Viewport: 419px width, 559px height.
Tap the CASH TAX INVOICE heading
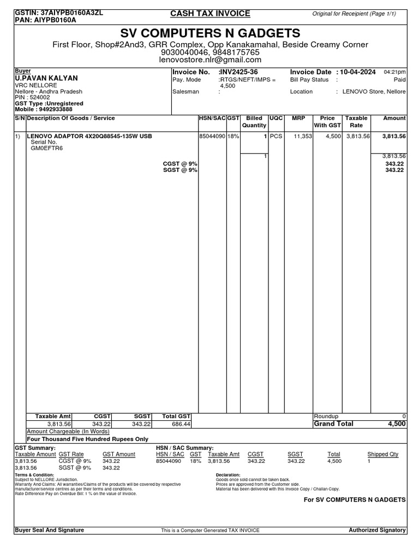click(x=210, y=13)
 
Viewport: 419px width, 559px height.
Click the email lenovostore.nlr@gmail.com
click(x=210, y=60)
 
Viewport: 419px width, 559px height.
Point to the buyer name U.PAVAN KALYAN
click(x=46, y=79)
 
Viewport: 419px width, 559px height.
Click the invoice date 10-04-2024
click(x=358, y=72)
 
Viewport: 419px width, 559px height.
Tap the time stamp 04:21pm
click(x=394, y=72)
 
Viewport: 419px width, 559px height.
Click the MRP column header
click(x=298, y=118)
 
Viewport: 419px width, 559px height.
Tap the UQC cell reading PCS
click(x=276, y=136)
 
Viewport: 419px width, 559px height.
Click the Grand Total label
click(x=333, y=424)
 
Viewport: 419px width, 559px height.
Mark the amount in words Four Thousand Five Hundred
click(x=87, y=438)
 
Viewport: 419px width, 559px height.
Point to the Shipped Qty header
click(x=386, y=454)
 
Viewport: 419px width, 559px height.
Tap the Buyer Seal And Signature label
click(x=49, y=530)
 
